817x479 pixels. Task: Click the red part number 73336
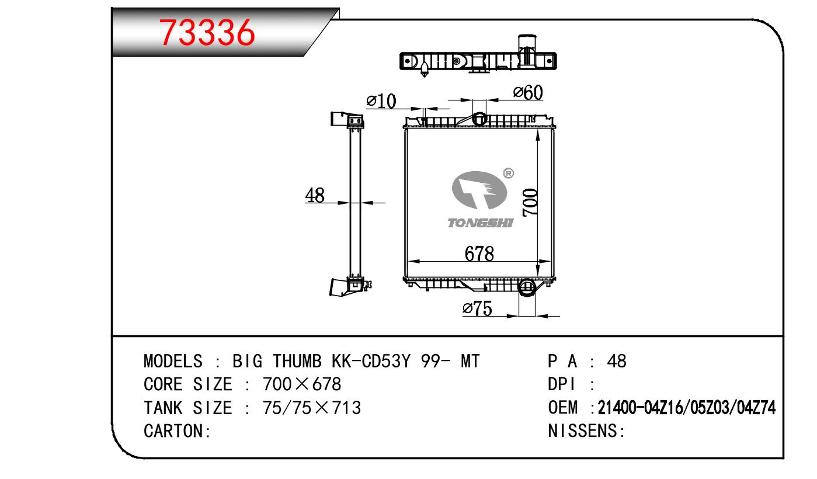(207, 33)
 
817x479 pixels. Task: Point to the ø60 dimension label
(528, 92)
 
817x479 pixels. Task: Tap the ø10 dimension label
(381, 100)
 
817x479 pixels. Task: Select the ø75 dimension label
(478, 308)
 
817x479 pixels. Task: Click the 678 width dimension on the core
(479, 254)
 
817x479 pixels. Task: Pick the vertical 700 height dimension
(530, 203)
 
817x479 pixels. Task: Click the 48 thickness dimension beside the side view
(315, 195)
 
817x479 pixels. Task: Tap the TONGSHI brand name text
(481, 223)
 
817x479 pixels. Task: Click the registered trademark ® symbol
(509, 173)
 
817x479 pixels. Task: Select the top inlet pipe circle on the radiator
(479, 119)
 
